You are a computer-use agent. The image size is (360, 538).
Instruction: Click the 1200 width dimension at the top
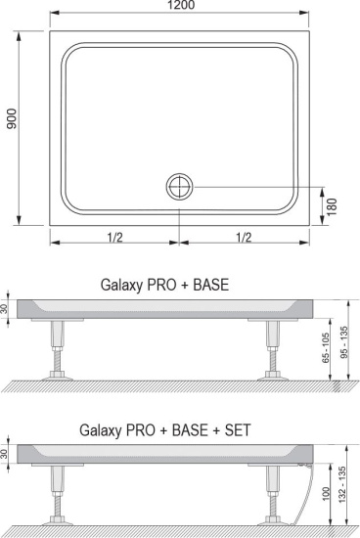click(x=179, y=8)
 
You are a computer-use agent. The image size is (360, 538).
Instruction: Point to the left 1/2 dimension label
click(x=115, y=237)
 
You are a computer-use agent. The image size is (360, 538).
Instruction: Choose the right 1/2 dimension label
click(x=243, y=237)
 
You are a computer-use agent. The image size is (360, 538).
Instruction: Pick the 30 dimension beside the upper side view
click(x=7, y=309)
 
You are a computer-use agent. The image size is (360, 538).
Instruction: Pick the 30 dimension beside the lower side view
click(x=7, y=453)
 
